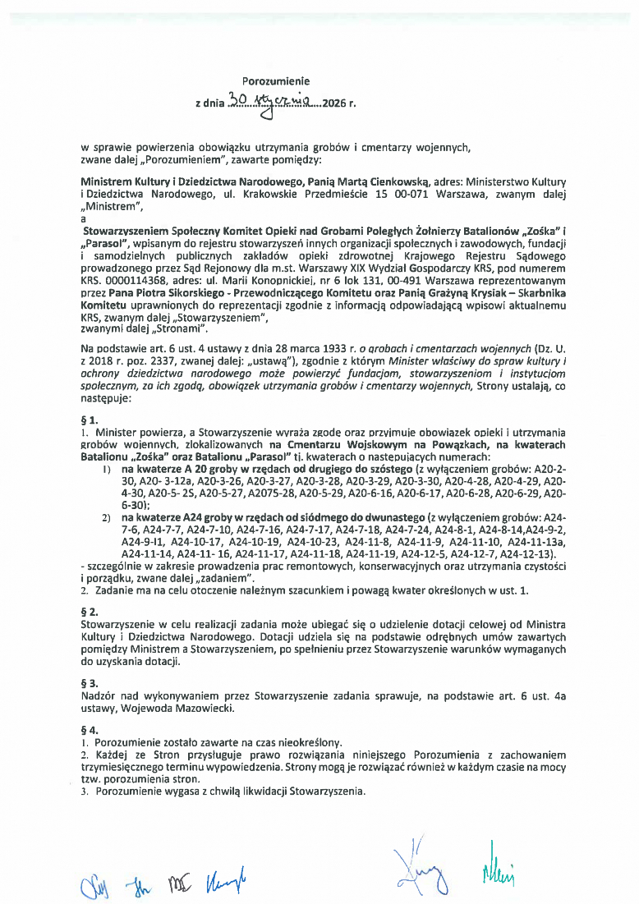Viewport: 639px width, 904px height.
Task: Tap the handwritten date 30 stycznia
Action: click(270, 102)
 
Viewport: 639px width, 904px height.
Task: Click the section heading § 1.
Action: click(88, 419)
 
